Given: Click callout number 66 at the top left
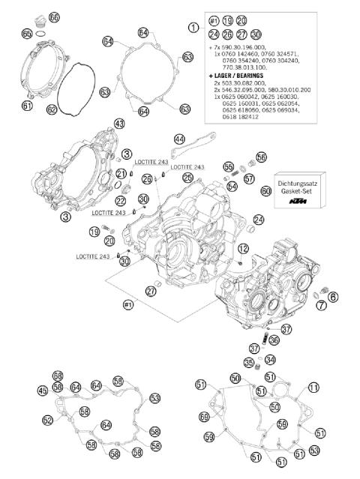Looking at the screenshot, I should click(54, 16).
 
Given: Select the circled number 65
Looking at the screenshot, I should click(27, 33).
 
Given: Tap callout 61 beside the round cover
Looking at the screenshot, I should click(27, 106).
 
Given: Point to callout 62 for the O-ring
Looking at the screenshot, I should click(52, 109).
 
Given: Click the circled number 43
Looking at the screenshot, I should click(118, 123).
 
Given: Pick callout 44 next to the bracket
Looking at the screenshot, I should click(178, 139).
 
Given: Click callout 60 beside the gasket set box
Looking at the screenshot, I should click(265, 192).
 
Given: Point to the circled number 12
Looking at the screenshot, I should click(243, 248).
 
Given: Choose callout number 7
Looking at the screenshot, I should click(321, 305).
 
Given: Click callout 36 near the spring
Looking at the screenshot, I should click(274, 340).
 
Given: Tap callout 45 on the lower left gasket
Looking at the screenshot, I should click(43, 390).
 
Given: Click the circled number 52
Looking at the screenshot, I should click(48, 420).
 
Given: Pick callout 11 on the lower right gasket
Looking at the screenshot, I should click(313, 387).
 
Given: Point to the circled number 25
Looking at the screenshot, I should click(187, 177).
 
